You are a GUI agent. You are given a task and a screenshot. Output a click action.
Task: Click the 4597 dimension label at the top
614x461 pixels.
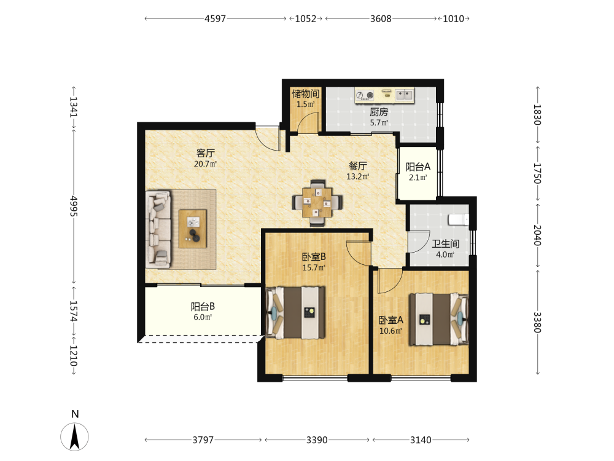(x=216, y=18)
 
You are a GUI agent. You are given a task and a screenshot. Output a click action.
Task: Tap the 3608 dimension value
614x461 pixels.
(x=381, y=18)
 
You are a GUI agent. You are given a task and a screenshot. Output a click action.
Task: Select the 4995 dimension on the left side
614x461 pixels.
(x=74, y=206)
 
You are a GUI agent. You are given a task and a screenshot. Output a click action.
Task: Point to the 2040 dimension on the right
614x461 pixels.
(x=537, y=235)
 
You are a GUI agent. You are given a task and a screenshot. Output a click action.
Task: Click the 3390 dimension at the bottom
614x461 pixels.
(x=317, y=440)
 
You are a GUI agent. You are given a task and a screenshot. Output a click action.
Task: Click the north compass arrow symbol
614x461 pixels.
(x=74, y=436)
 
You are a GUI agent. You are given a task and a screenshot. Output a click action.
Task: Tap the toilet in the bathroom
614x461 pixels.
(x=458, y=219)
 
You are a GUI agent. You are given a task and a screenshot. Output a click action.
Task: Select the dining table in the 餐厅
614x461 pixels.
(x=317, y=203)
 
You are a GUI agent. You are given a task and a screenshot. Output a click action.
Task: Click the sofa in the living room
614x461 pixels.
(x=158, y=229)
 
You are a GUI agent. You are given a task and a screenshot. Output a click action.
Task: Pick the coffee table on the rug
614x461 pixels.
(x=193, y=229)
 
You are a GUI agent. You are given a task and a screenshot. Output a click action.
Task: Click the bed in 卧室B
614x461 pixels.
(x=295, y=313)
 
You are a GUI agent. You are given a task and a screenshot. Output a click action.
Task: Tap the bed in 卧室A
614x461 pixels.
(x=438, y=319)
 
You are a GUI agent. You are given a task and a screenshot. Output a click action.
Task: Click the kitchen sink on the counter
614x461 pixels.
(x=404, y=95)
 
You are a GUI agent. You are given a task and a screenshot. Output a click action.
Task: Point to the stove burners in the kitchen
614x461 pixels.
(x=365, y=95)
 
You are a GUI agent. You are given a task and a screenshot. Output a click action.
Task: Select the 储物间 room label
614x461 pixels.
(x=305, y=93)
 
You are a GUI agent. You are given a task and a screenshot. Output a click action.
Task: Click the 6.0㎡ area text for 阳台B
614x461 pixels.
(x=203, y=317)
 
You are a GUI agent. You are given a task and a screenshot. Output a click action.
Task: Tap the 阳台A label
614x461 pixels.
(x=418, y=167)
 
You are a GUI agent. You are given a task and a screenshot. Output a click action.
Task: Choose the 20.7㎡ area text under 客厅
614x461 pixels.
(x=205, y=164)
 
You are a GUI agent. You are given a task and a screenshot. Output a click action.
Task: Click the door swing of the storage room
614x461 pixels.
(x=308, y=123)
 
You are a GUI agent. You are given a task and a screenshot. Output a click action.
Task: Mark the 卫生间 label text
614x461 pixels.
(x=445, y=244)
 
